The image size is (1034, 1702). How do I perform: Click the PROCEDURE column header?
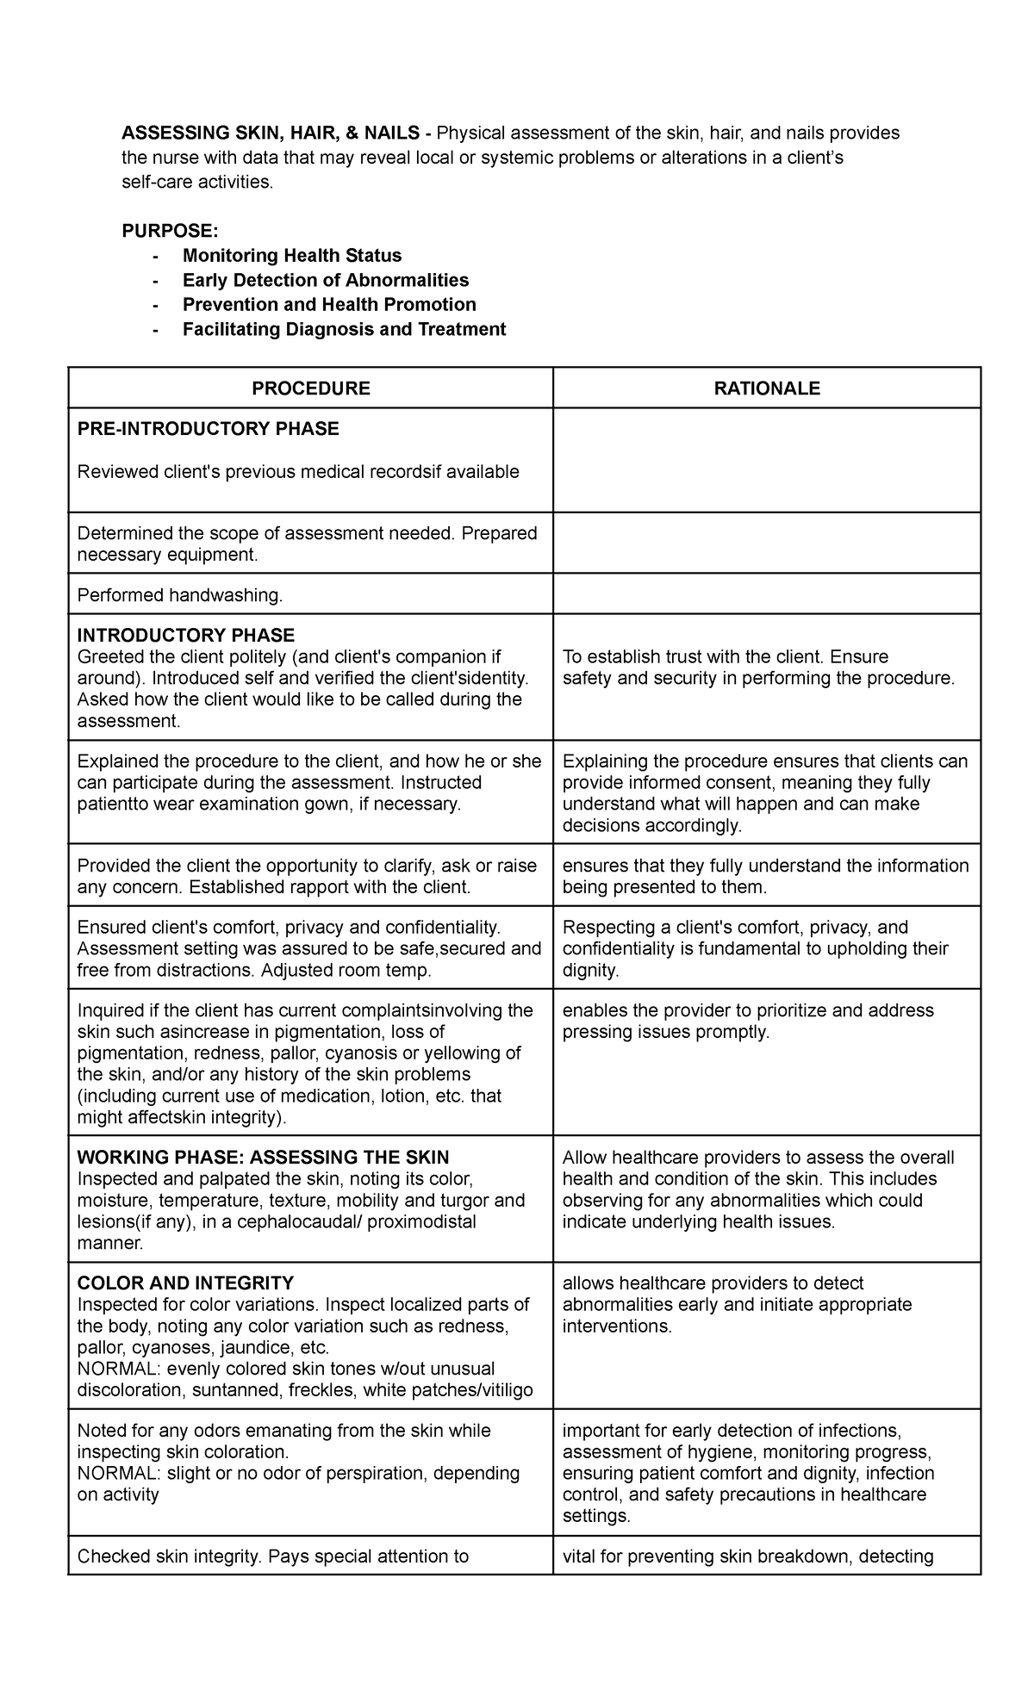[310, 388]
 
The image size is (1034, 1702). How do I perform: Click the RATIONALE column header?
[767, 388]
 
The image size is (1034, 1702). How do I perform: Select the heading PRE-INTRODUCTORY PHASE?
[209, 429]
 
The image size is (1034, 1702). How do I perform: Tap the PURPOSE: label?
[170, 231]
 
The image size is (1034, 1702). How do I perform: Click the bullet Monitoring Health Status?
[292, 256]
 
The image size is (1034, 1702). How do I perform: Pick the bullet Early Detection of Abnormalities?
[326, 280]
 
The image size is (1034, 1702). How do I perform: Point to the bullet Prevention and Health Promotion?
[329, 305]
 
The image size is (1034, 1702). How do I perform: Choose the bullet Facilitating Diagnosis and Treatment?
[344, 329]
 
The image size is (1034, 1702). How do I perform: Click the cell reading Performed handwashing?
[179, 595]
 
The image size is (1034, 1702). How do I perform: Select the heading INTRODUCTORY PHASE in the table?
[186, 636]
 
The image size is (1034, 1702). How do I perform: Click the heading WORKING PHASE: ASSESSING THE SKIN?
[264, 1158]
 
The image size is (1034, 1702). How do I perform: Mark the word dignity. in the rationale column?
[591, 970]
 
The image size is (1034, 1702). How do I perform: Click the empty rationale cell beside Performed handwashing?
[767, 594]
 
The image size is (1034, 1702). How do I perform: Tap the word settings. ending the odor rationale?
[597, 1516]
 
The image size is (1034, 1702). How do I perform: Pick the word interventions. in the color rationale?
[616, 1326]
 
